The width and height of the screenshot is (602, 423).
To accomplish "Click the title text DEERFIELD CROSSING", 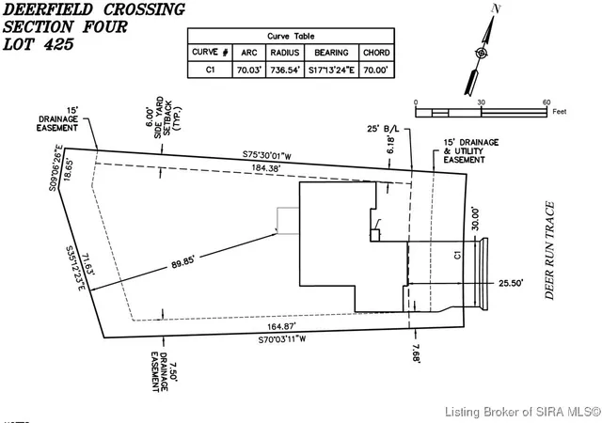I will pos(94,9).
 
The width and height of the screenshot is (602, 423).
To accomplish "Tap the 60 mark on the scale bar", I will pos(546,102).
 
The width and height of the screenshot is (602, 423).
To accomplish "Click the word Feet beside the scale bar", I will pos(560,111).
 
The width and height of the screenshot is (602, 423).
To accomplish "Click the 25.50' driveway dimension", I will pos(509,281).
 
